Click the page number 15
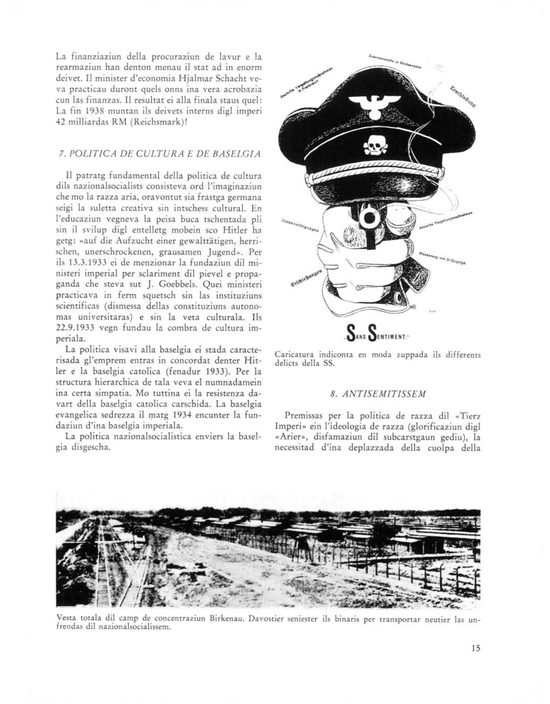476,647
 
